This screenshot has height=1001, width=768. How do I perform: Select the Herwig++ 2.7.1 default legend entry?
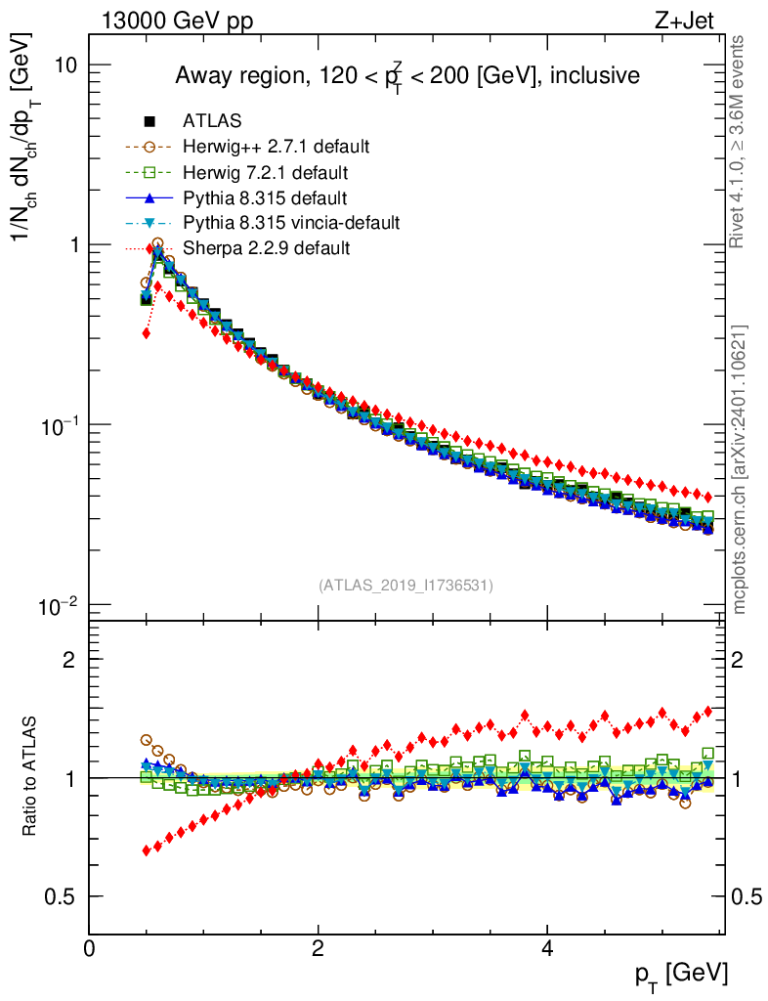pos(276,148)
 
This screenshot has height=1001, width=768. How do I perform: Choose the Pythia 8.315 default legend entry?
pos(265,198)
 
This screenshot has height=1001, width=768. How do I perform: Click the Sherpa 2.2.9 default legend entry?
pos(266,248)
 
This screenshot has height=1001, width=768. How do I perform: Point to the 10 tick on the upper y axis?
pos(65,65)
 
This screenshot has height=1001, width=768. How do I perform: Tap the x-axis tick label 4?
pos(547,948)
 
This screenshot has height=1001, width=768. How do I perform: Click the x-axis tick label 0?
pos(90,948)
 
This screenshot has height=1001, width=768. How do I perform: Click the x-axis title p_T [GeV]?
pos(681,974)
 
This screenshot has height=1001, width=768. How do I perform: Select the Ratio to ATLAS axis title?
pos(31,778)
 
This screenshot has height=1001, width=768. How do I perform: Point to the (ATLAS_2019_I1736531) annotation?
pos(405,586)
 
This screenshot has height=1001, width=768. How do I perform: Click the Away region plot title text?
pos(406,77)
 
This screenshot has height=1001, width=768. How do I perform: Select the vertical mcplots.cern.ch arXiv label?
pos(741,469)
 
